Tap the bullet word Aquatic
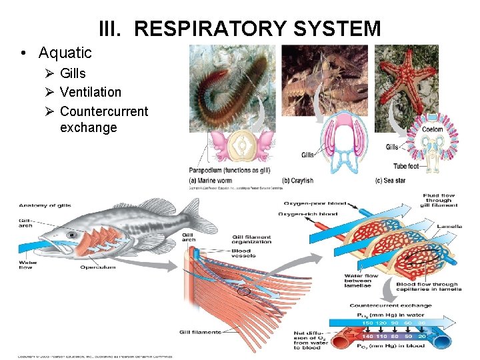pyautogui.click(x=65, y=53)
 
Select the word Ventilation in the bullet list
pyautogui.click(x=90, y=92)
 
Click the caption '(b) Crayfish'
pyautogui.click(x=298, y=181)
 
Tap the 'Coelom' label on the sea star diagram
pyautogui.click(x=433, y=129)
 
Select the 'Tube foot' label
pyautogui.click(x=406, y=166)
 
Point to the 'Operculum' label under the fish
pyautogui.click(x=99, y=268)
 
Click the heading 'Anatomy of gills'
pyautogui.click(x=45, y=205)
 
